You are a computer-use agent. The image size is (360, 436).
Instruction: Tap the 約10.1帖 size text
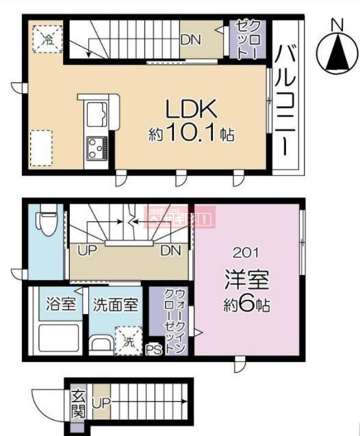pyautogui.click(x=192, y=134)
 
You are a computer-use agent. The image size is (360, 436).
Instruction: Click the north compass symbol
pyautogui.click(x=335, y=53)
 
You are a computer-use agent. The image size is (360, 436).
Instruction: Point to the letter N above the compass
pyautogui.click(x=335, y=24)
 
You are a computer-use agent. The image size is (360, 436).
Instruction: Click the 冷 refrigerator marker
pyautogui.click(x=47, y=38)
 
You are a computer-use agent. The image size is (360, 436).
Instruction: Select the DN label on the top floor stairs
pyautogui.click(x=191, y=39)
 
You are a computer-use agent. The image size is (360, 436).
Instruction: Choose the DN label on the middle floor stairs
pyautogui.click(x=170, y=251)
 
